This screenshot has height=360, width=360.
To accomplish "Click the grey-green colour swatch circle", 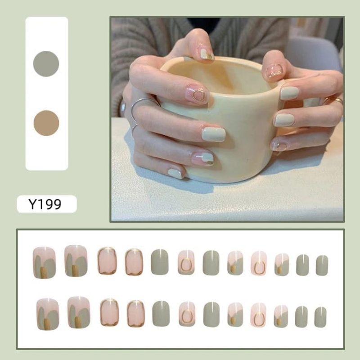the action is pos(46,63).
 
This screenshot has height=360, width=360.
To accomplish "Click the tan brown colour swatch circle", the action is pos(46,123).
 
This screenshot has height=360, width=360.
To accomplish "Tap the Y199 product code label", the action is pos(45,204).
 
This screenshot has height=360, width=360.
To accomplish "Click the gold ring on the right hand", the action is pos(333,100).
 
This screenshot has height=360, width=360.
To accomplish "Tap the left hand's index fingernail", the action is pos(207,54).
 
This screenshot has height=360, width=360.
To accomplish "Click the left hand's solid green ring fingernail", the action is pos(214,135).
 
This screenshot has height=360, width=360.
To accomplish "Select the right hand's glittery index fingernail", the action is pos(274,71).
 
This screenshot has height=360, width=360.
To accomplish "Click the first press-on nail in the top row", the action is pos(44,263).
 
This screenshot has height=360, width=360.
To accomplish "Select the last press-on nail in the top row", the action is pos(322,265).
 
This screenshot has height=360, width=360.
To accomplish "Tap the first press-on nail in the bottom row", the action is pos(48,314).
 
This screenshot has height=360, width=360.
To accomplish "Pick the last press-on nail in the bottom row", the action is pos(320,317).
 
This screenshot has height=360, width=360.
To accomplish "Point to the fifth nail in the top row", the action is pos(160,262).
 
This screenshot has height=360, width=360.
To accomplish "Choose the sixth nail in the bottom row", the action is pos(187,314).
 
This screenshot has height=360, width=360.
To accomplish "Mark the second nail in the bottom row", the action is pos(79,312).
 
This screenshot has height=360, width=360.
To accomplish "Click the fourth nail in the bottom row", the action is pos(136,313).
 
